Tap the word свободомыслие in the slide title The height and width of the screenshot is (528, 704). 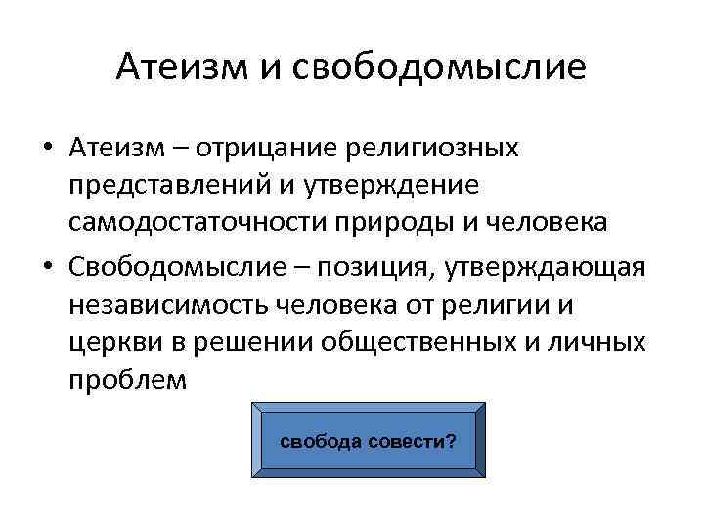[436, 66]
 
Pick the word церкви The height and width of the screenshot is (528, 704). [110, 342]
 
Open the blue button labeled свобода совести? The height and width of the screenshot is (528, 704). [368, 440]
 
